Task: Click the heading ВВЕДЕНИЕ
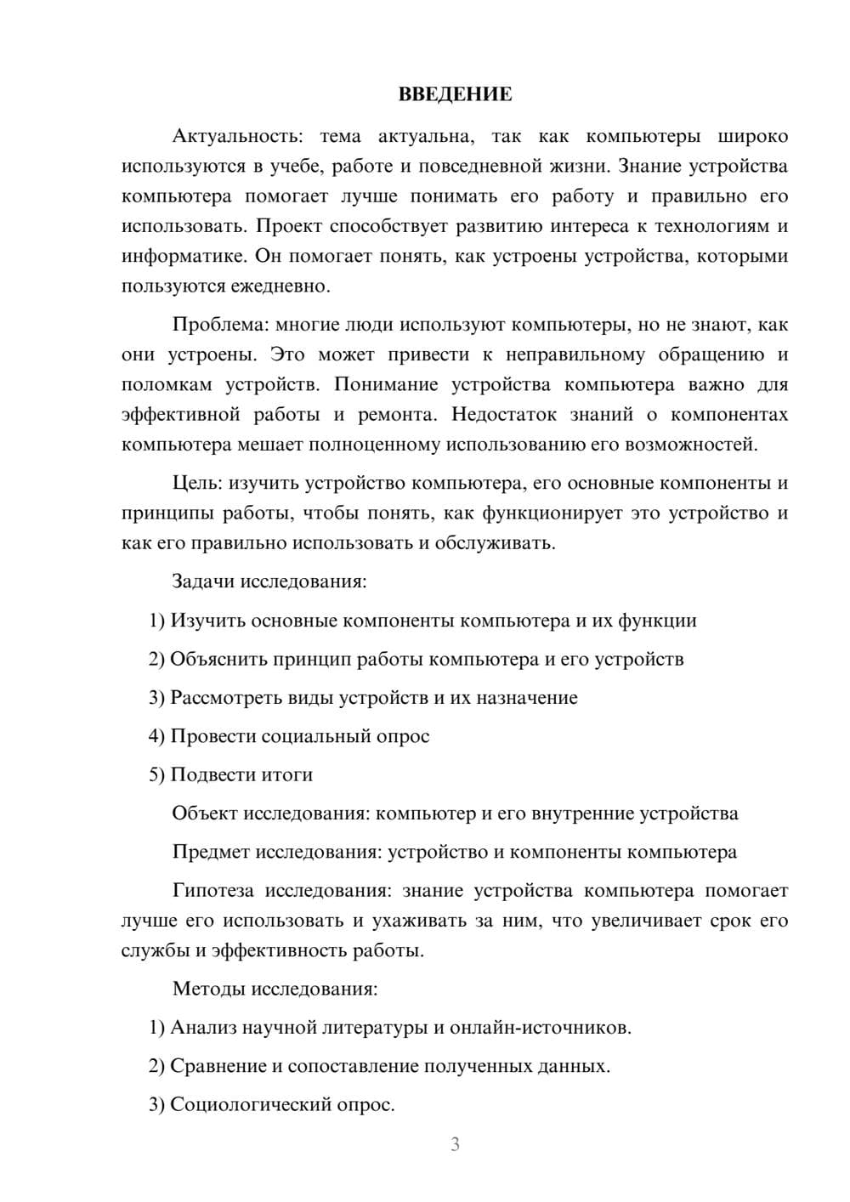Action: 455,94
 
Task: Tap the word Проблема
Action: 209,325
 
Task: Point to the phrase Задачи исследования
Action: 269,582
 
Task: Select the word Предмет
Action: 210,852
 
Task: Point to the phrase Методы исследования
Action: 275,989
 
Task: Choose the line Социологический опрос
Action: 282,1105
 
